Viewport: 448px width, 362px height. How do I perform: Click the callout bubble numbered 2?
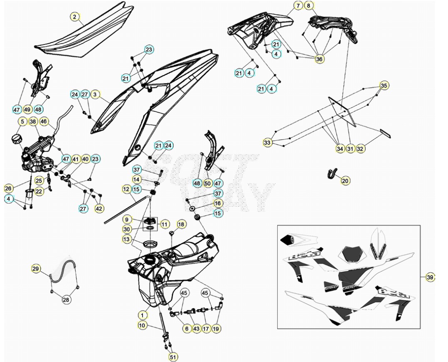[x=74, y=17]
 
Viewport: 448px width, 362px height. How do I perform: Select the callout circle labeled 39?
[x=430, y=277]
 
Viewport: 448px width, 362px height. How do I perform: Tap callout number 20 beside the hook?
[x=346, y=180]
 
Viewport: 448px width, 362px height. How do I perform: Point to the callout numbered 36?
[x=319, y=59]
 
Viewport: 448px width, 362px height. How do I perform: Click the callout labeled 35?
[x=384, y=86]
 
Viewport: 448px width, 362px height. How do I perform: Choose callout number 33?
[x=267, y=143]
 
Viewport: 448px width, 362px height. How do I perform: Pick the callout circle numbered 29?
[x=36, y=269]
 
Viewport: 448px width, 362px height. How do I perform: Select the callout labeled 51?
[x=173, y=357]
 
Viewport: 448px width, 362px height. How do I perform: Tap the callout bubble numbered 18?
[x=181, y=224]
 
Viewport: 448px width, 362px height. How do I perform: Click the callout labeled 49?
[x=27, y=110]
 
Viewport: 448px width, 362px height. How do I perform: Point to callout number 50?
[x=208, y=183]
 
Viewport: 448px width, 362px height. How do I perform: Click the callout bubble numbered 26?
[x=9, y=188]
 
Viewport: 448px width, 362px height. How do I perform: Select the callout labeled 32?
[x=360, y=148]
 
